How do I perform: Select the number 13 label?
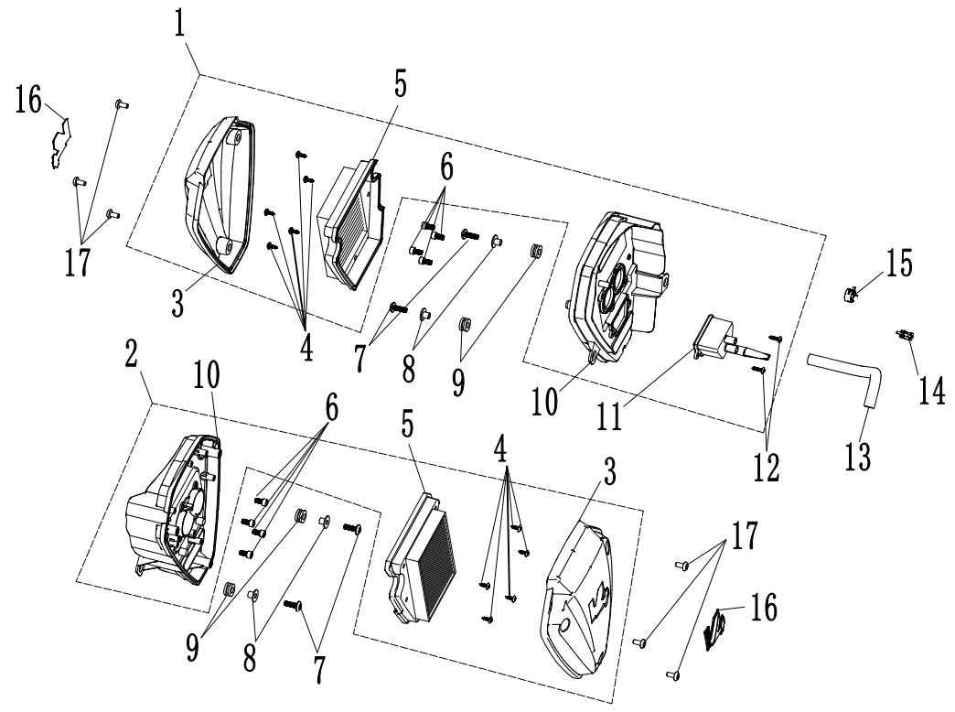[x=863, y=453]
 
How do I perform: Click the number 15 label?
[x=898, y=264]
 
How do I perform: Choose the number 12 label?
[x=766, y=465]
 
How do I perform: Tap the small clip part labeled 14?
[x=908, y=338]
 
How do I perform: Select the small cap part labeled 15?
[x=850, y=294]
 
